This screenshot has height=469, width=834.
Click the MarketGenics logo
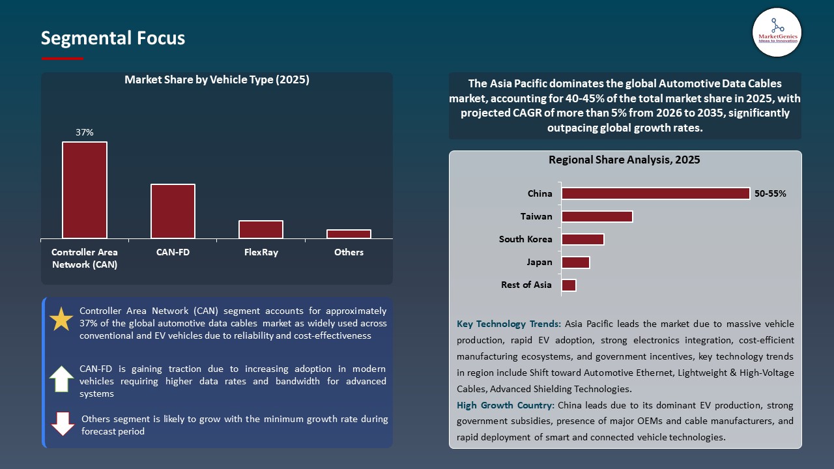[x=777, y=32]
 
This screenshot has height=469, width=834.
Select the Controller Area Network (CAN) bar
[x=85, y=190]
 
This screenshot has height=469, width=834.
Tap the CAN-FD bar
[x=173, y=211]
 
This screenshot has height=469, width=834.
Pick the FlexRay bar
[x=261, y=229]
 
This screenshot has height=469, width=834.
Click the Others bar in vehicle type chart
[x=349, y=234]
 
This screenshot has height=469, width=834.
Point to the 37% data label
[x=85, y=132]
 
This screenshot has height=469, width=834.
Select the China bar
[x=655, y=193]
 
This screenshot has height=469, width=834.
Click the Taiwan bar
[x=597, y=216]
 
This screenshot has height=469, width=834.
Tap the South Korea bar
[x=582, y=239]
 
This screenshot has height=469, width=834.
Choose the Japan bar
[x=575, y=262]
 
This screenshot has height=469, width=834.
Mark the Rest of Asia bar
[x=569, y=285]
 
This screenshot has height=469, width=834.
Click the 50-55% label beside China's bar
[x=770, y=193]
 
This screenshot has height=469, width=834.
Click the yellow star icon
[x=61, y=319]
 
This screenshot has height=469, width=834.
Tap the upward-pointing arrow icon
[x=61, y=378]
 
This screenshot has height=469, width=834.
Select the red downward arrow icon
[x=63, y=423]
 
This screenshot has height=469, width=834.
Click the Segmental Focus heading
[x=113, y=38]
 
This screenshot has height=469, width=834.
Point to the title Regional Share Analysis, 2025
[x=624, y=160]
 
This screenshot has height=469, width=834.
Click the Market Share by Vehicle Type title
[x=216, y=80]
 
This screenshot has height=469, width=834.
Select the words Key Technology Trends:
[x=509, y=324]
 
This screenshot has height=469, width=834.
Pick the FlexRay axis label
[x=261, y=252]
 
